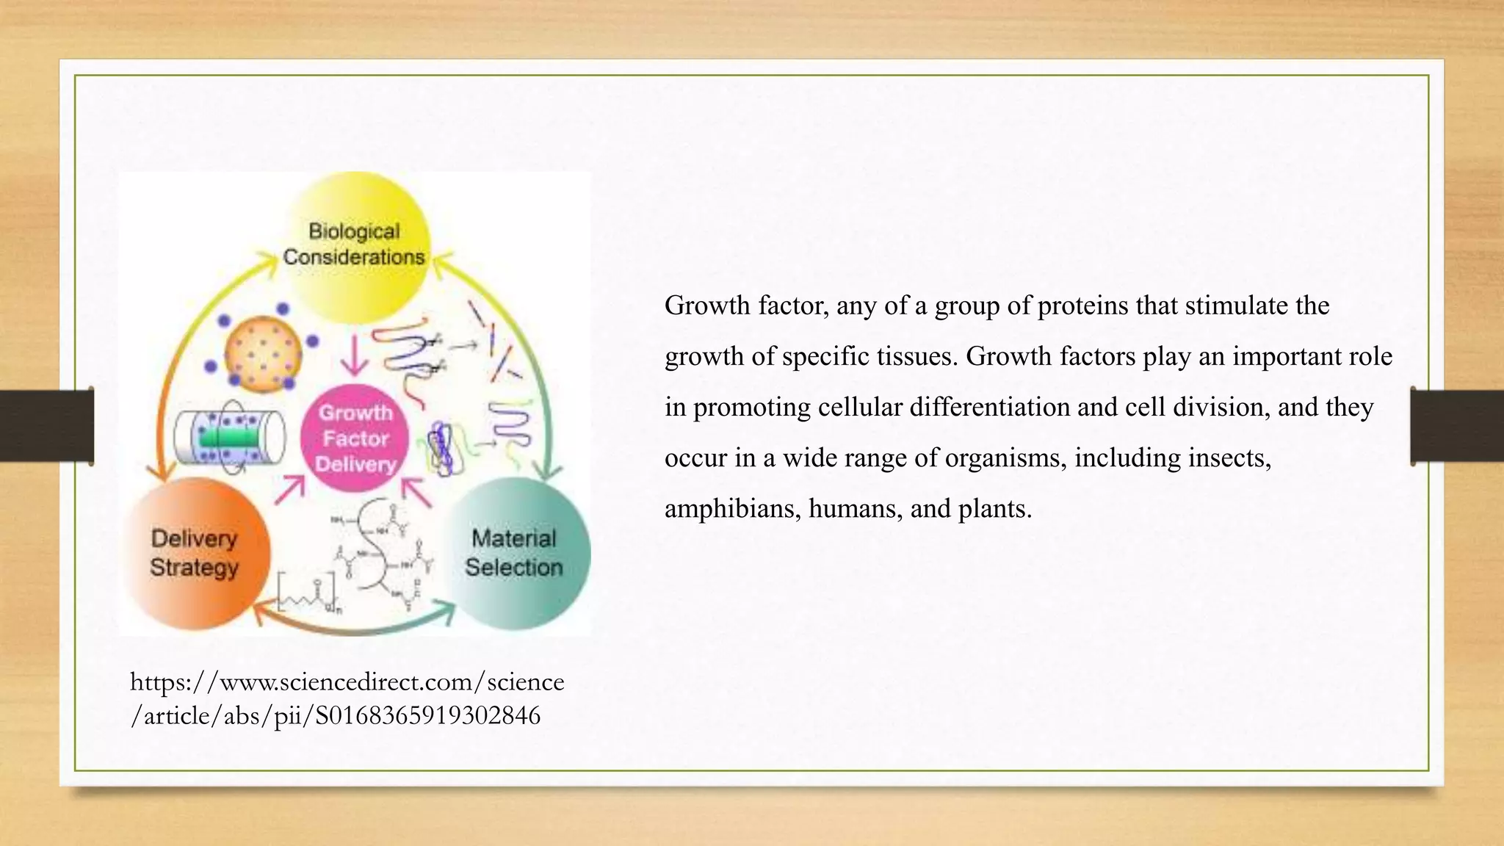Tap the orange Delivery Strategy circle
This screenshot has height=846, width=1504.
pyautogui.click(x=195, y=553)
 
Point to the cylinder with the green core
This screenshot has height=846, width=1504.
pyautogui.click(x=229, y=438)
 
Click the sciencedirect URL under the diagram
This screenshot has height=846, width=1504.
pyautogui.click(x=347, y=698)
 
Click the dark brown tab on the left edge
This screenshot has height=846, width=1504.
pyautogui.click(x=46, y=426)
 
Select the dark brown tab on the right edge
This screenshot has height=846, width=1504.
pyautogui.click(x=1457, y=426)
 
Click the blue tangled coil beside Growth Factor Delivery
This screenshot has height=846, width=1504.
pyautogui.click(x=441, y=448)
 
